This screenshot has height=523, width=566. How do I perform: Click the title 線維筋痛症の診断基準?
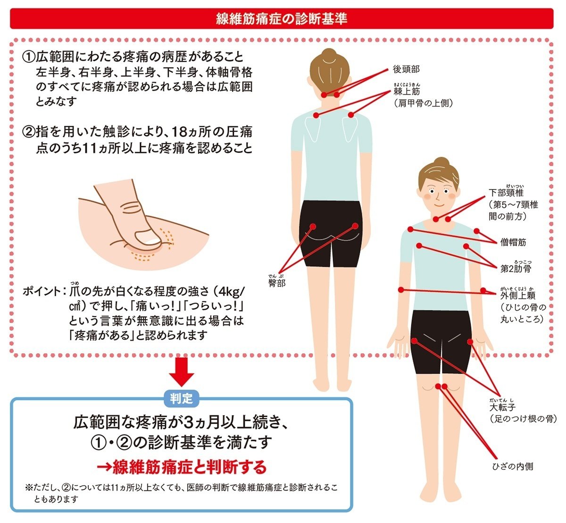pyautogui.click(x=282, y=18)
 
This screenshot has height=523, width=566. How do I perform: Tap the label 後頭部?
pyautogui.click(x=406, y=69)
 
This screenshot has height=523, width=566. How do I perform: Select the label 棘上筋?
pyautogui.click(x=406, y=91)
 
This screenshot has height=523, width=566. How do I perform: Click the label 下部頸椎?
pyautogui.click(x=506, y=193)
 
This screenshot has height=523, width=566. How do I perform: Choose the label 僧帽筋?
pyautogui.click(x=513, y=243)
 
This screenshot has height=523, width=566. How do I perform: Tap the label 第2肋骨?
pyautogui.click(x=516, y=269)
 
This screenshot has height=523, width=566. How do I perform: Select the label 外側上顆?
pyautogui.click(x=518, y=296)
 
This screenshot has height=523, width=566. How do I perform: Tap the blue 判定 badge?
pyautogui.click(x=182, y=398)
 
